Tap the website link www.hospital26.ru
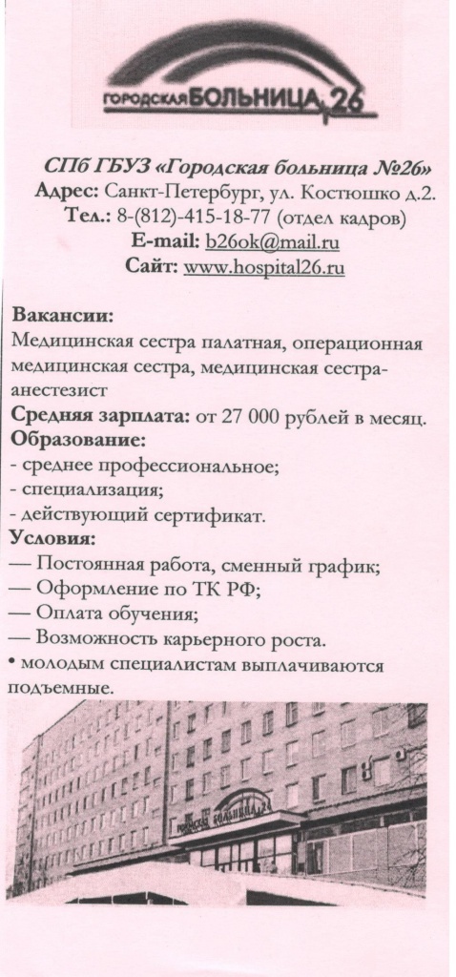(x=263, y=266)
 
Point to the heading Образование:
(x=77, y=442)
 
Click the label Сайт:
(x=151, y=266)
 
